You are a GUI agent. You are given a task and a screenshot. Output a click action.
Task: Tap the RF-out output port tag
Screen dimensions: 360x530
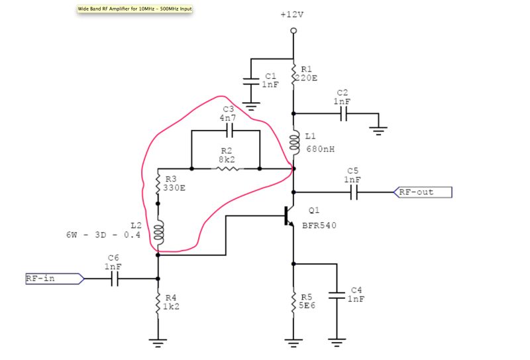(424, 192)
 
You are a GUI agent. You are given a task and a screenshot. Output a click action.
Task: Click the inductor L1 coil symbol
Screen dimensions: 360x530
(293, 142)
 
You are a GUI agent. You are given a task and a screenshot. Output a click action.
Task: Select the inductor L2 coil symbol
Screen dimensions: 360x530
(158, 232)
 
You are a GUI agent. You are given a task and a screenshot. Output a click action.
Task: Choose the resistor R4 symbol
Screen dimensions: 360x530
(158, 304)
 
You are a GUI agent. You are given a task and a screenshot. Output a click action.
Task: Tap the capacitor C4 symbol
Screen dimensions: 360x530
(337, 297)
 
